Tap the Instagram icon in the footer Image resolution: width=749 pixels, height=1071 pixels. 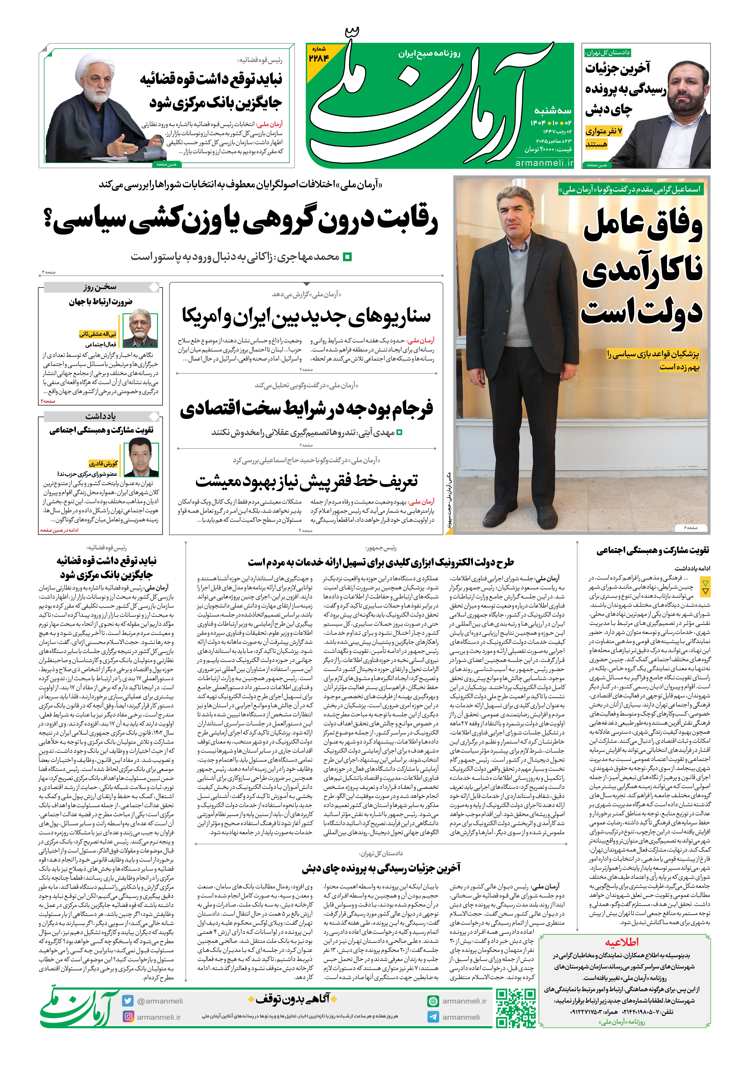click(x=128, y=1016)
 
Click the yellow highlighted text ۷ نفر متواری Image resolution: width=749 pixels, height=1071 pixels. click(x=604, y=131)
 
